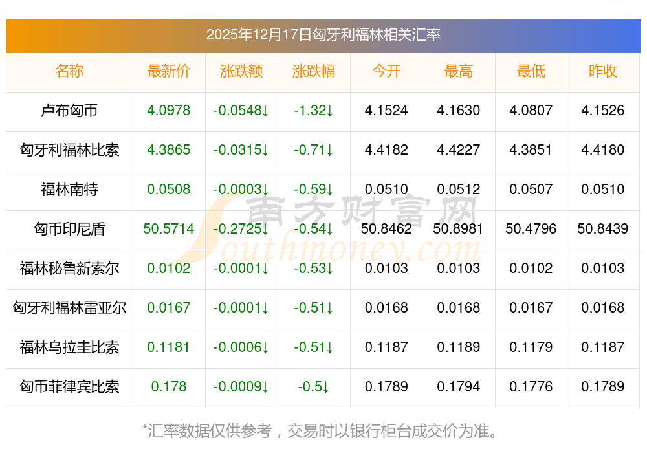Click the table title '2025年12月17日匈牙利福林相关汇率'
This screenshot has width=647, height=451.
tap(323, 35)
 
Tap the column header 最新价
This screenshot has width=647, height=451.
tap(169, 71)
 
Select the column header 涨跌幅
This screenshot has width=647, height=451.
tap(314, 71)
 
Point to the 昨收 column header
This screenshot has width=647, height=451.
tap(603, 71)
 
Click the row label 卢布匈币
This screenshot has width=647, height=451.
tap(69, 111)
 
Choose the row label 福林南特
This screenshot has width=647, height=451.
tap(69, 190)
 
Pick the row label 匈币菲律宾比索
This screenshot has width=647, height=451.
tap(69, 387)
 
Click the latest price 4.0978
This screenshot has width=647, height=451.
tap(169, 111)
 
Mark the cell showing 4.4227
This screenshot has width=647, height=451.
tap(459, 150)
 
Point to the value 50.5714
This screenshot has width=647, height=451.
tap(169, 229)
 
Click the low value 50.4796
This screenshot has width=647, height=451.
tap(531, 229)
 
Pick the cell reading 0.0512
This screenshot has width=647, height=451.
tap(459, 190)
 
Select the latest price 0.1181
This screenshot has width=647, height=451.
tap(169, 347)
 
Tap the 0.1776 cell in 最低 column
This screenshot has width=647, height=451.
tap(531, 387)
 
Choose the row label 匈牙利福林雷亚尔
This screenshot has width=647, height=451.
tap(69, 308)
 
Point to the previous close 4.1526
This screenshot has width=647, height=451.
tap(603, 111)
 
